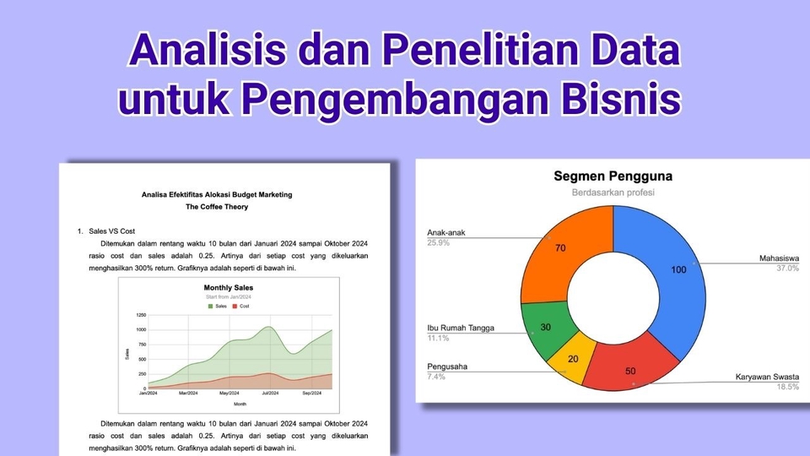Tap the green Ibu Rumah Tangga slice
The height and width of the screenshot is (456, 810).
pyautogui.click(x=543, y=328)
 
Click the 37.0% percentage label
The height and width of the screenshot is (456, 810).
pyautogui.click(x=787, y=269)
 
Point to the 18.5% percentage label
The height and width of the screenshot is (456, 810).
pyautogui.click(x=787, y=386)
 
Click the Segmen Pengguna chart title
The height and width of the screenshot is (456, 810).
pyautogui.click(x=613, y=176)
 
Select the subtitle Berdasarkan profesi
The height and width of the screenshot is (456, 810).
pyautogui.click(x=613, y=193)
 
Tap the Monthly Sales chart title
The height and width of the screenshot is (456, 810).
pyautogui.click(x=229, y=288)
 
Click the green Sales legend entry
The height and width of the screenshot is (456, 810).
pyautogui.click(x=218, y=307)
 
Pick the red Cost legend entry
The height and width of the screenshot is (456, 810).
pyautogui.click(x=240, y=307)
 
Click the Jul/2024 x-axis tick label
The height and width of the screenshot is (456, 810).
pyautogui.click(x=270, y=394)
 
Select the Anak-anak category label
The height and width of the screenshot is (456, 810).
pyautogui.click(x=446, y=233)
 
